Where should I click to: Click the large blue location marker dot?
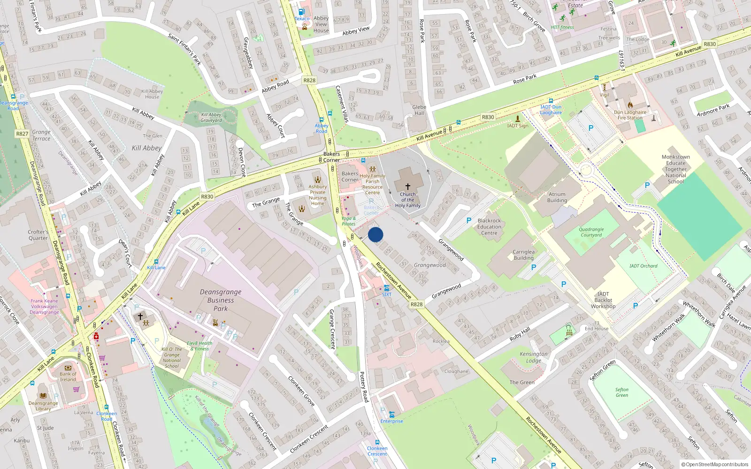pyautogui.click(x=375, y=234)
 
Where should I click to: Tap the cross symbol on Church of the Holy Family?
pyautogui.click(x=407, y=187)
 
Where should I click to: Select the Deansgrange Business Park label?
pyautogui.click(x=221, y=300)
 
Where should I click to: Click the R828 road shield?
pyautogui.click(x=416, y=304)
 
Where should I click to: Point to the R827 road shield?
pyautogui.click(x=22, y=134)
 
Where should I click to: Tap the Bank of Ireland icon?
pyautogui.click(x=68, y=368)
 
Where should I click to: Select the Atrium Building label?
pyautogui.click(x=557, y=197)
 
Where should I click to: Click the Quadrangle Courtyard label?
pyautogui.click(x=591, y=232)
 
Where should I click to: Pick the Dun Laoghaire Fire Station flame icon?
pyautogui.click(x=630, y=105)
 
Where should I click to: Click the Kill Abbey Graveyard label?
pyautogui.click(x=211, y=117)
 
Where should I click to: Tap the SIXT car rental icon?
pyautogui.click(x=386, y=287)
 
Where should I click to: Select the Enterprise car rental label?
pyautogui.click(x=391, y=421)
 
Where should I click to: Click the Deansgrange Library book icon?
pyautogui.click(x=43, y=395)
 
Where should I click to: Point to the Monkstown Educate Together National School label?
pyautogui.click(x=675, y=169)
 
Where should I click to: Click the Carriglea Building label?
pyautogui.click(x=523, y=255)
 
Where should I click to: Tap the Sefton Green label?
pyautogui.click(x=622, y=392)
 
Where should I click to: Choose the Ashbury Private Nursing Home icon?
pyautogui.click(x=318, y=180)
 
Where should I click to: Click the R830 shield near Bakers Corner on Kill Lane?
pyautogui.click(x=207, y=197)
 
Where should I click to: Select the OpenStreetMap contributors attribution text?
pyautogui.click(x=717, y=464)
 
